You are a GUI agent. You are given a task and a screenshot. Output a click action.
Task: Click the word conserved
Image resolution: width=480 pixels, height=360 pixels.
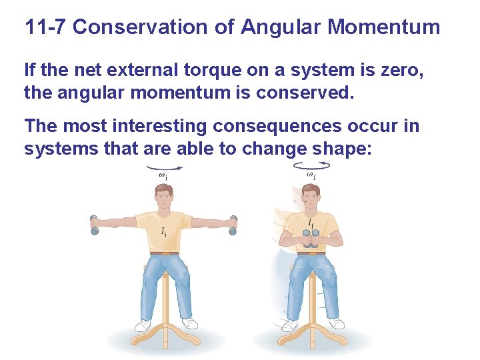pos(313,92)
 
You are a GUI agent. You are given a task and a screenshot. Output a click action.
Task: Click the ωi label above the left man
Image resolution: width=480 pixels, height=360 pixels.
pos(163,175)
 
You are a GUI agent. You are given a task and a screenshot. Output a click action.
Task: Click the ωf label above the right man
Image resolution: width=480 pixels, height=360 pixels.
pos(311,175)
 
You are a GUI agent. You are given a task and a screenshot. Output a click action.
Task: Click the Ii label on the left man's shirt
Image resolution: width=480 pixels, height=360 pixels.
pos(164,231)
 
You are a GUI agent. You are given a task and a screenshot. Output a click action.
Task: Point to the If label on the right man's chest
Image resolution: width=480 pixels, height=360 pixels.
pos(310,223)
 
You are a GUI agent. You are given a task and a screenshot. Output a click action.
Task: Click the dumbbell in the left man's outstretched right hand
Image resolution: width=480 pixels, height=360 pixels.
pos(94,225)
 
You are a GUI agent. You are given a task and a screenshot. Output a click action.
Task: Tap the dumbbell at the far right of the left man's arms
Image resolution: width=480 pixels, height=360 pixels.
pos(233,225)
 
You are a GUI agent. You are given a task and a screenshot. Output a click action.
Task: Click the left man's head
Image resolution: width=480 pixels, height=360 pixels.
pos(163,195)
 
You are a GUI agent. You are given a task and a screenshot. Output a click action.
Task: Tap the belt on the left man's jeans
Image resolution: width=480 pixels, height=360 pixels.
pos(164,253)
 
